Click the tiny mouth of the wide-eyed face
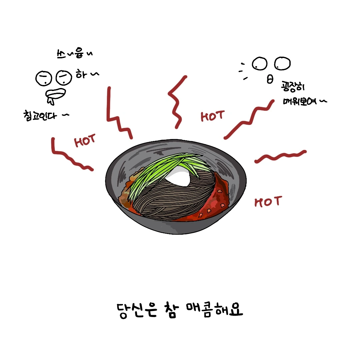point(270,79)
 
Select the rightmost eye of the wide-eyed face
point(282,63)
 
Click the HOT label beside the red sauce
point(268,201)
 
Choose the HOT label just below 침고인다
point(85,141)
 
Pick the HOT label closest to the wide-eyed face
point(212,116)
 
